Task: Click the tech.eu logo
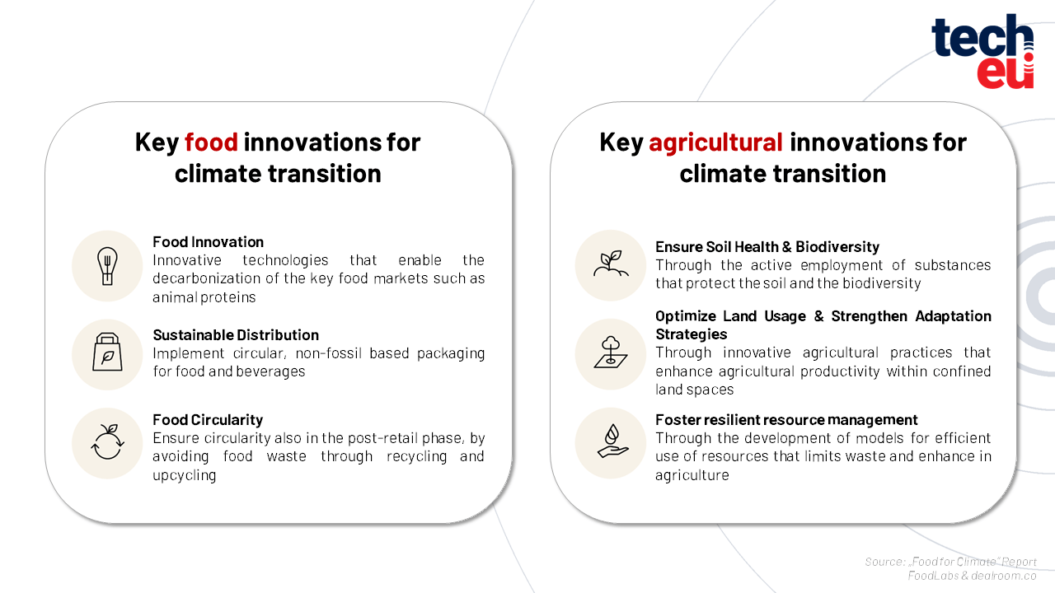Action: [982, 51]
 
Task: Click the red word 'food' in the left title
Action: [211, 142]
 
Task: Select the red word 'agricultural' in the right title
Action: [715, 142]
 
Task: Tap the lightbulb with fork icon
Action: [107, 266]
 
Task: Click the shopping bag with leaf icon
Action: [107, 352]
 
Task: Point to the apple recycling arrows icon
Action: [107, 441]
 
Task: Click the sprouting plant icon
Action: [611, 264]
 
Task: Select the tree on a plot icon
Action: [611, 352]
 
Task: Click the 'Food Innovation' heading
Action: [208, 242]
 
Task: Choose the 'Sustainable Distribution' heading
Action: [236, 334]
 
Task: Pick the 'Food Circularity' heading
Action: [208, 419]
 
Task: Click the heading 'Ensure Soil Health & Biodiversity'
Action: [767, 246]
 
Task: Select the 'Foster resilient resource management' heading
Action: [786, 419]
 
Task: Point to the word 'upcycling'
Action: [184, 475]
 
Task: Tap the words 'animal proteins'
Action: [204, 297]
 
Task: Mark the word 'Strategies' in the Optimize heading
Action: [692, 334]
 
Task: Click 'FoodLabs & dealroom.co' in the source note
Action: [972, 576]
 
